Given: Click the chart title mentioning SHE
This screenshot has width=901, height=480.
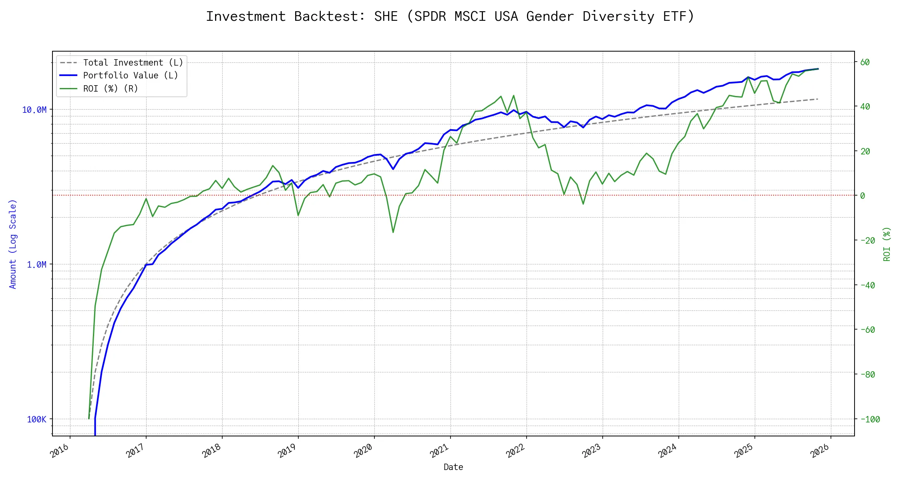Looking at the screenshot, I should point(450,16).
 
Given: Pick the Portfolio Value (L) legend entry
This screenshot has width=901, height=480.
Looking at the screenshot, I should point(131,76).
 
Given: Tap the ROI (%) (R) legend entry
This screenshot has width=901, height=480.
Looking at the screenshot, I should point(111,89).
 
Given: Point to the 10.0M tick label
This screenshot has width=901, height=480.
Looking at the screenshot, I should point(34,110).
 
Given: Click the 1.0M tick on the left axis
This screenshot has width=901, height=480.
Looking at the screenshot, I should point(36,265).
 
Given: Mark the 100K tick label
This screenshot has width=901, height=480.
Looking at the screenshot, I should point(36,420).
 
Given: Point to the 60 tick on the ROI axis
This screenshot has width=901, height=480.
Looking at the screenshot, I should point(865,62).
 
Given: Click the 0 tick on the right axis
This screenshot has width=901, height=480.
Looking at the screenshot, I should point(863,196).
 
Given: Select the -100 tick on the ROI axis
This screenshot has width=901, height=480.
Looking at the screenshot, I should point(870,420).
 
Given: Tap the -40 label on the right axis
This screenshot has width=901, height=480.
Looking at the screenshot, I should point(867,286).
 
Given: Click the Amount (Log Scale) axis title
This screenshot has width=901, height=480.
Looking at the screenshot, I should point(13,244).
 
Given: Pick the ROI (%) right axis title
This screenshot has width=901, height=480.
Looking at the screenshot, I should point(887,244).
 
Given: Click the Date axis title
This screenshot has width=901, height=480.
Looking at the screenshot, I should point(453,467).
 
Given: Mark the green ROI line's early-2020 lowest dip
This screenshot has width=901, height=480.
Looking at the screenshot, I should point(393,232).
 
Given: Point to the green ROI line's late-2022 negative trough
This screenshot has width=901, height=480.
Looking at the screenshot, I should point(583,204).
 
